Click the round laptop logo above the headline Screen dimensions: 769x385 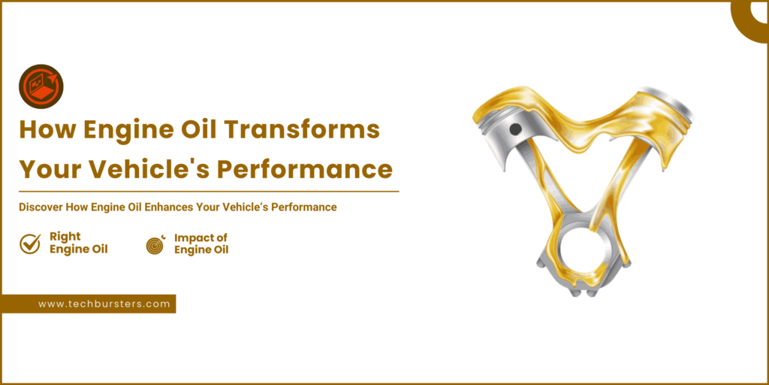click(x=41, y=86)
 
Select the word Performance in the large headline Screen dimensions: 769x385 click(x=305, y=168)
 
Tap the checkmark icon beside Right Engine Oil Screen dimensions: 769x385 click(x=30, y=244)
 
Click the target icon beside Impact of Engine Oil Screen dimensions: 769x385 click(x=155, y=244)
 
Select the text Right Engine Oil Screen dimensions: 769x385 click(x=78, y=243)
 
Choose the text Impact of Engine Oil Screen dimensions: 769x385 click(x=201, y=244)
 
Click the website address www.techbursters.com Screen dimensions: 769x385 click(x=104, y=304)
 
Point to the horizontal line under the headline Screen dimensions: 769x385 click(x=209, y=191)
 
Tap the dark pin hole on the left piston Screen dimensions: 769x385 click(x=515, y=129)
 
